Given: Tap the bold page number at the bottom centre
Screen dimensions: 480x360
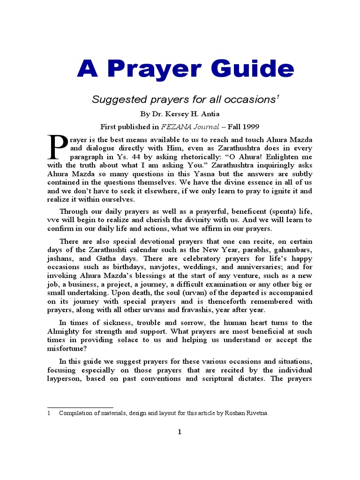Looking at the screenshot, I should pos(180,432).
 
